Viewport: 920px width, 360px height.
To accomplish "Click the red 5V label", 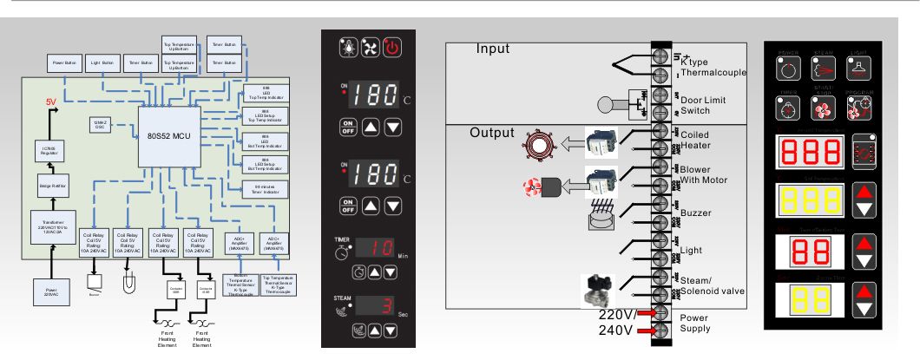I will click(x=52, y=102).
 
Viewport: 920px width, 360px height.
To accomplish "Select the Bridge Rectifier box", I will click(x=45, y=186).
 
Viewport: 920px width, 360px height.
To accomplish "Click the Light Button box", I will click(x=102, y=62).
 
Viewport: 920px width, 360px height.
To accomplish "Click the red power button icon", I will click(x=391, y=47).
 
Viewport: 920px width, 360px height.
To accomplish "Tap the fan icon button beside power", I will click(x=371, y=47).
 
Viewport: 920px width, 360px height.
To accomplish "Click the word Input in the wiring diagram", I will click(x=492, y=49).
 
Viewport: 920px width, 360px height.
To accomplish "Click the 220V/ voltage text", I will click(x=619, y=314).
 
